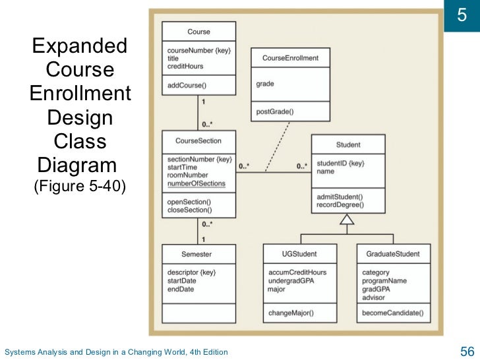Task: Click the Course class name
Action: [x=198, y=31]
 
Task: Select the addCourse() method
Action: [x=187, y=85]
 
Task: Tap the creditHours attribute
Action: [x=185, y=67]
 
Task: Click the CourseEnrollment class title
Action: [x=290, y=58]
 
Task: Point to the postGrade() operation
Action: [x=275, y=112]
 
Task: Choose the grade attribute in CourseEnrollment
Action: [x=265, y=84]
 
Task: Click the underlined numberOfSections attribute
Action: [x=196, y=184]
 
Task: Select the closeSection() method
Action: [x=190, y=210]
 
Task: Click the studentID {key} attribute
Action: [x=341, y=163]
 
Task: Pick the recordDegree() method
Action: [x=340, y=205]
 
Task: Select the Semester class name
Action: [x=197, y=254]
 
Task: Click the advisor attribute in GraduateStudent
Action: [x=374, y=297]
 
